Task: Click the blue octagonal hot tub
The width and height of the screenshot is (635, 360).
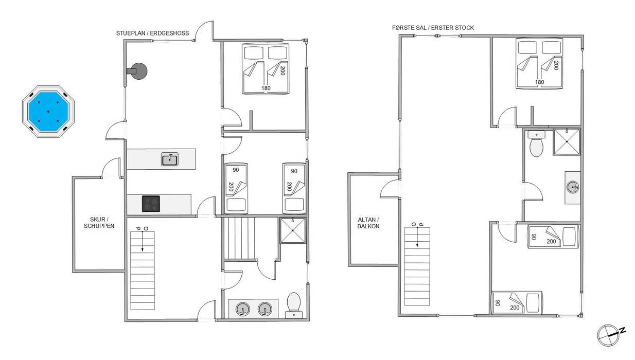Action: pyautogui.click(x=48, y=112)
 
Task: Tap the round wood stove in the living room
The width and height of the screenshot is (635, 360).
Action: pyautogui.click(x=139, y=71)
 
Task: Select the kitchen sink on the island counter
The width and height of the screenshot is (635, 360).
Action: pyautogui.click(x=169, y=159)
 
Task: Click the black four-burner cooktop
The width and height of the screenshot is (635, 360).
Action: pyautogui.click(x=151, y=204)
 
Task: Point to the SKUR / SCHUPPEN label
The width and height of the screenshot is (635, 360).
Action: pyautogui.click(x=99, y=223)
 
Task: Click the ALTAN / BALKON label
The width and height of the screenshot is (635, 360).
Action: pyautogui.click(x=368, y=223)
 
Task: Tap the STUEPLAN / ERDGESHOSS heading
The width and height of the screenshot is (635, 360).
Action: pyautogui.click(x=152, y=33)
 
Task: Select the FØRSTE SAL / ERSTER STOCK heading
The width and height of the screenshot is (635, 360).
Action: pyautogui.click(x=433, y=28)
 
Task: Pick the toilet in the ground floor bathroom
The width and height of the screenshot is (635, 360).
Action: pyautogui.click(x=294, y=305)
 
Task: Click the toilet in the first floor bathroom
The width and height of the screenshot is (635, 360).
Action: pyautogui.click(x=536, y=143)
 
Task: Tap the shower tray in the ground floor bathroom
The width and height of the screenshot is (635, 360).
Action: pyautogui.click(x=293, y=230)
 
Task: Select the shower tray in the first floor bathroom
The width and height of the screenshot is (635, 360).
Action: pyautogui.click(x=567, y=141)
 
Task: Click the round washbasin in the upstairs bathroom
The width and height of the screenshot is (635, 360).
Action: pyautogui.click(x=573, y=187)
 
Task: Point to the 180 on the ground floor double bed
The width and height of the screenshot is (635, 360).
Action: pyautogui.click(x=266, y=88)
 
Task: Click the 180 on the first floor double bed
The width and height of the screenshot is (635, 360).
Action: pyautogui.click(x=539, y=82)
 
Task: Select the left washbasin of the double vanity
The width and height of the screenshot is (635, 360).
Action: pyautogui.click(x=243, y=309)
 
